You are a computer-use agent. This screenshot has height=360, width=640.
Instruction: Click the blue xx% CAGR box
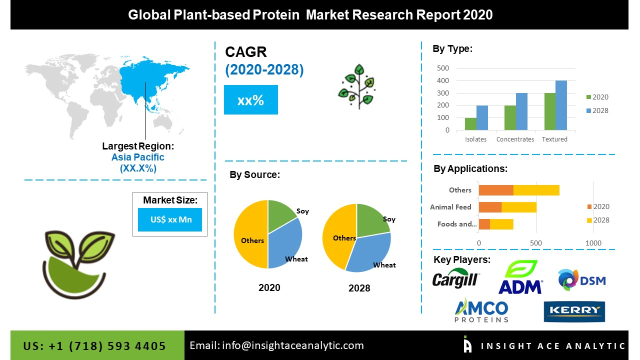pos(250,100)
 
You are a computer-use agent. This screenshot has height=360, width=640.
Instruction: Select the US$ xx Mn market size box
pos(170,220)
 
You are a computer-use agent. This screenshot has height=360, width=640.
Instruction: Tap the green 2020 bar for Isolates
pos(470,124)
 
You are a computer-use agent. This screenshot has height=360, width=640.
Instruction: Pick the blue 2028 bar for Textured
pos(561,105)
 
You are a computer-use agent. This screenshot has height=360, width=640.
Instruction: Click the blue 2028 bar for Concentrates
pos(521,111)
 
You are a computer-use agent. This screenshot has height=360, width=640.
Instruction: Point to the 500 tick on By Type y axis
pos(443,68)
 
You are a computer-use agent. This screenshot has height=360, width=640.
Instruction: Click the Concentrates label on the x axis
pos(515,139)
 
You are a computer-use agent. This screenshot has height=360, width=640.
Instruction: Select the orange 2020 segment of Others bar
pos(496,190)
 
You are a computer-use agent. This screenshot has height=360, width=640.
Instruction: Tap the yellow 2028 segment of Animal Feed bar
pos(519,207)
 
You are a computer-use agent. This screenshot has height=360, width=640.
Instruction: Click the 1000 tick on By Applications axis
pos(593,243)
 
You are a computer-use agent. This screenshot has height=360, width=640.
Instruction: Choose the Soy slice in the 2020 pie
pos(281,215)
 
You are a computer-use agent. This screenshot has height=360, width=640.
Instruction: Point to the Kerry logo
pos(574,311)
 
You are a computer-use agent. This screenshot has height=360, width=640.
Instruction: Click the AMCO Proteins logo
pos(481,310)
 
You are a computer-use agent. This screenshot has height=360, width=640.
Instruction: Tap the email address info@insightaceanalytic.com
pos(277,345)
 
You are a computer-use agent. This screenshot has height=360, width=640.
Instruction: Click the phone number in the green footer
pos(94,346)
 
